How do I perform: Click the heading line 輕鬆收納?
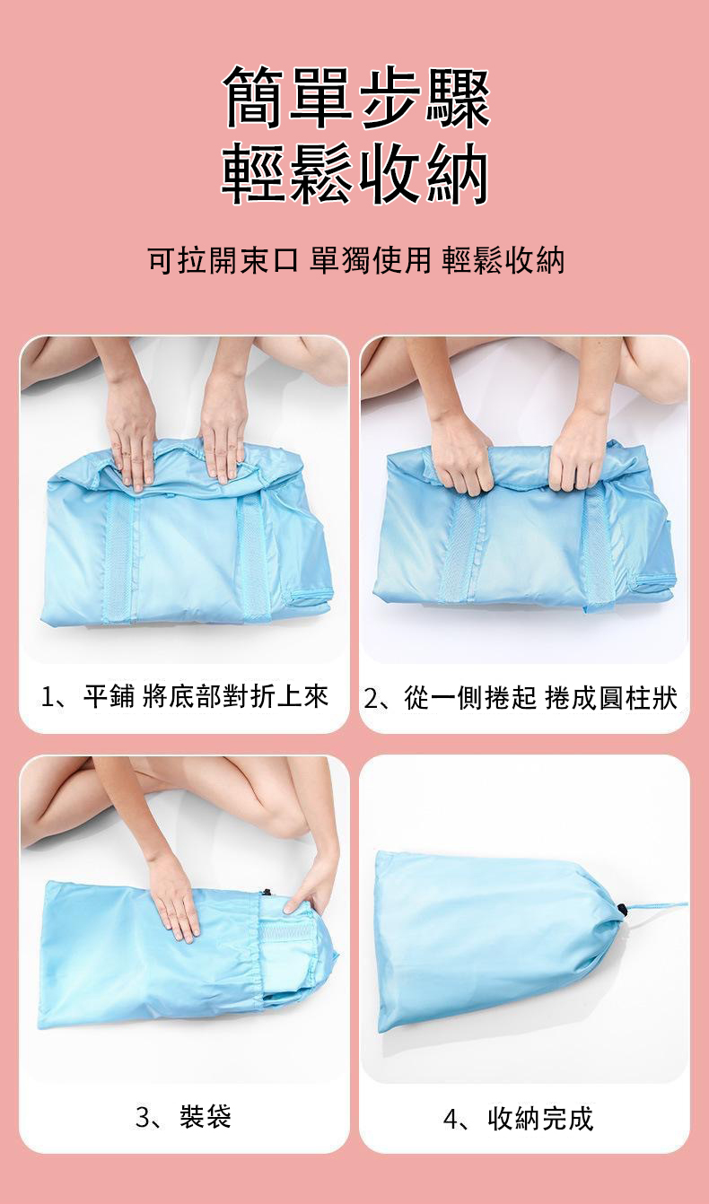355,173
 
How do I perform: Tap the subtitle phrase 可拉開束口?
222,260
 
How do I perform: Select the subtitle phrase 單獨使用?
370,260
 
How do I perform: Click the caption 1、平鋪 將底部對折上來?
184,697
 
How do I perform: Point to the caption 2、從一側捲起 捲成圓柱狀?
521,698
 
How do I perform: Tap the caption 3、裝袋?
183,1116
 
